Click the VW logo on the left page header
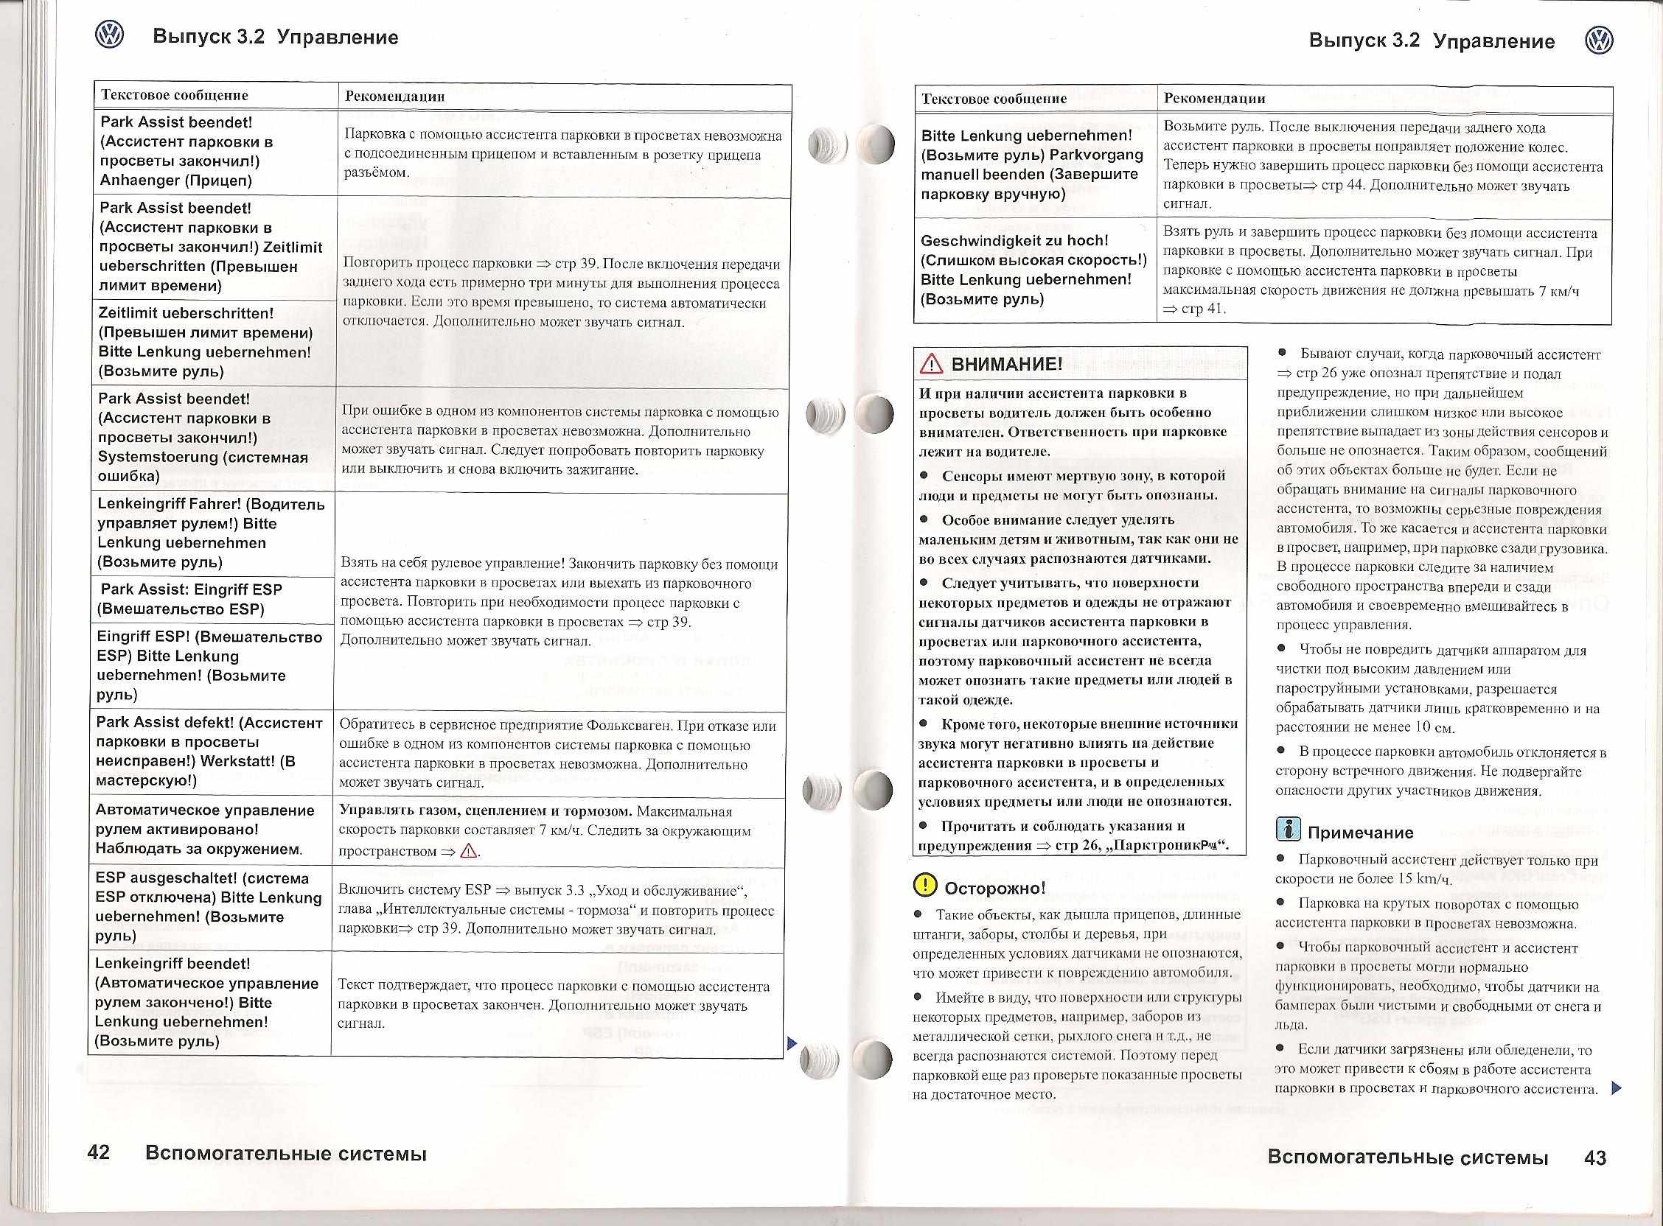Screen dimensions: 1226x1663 (109, 35)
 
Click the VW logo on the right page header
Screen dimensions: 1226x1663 (1598, 40)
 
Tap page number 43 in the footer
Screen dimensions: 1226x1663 (1594, 1157)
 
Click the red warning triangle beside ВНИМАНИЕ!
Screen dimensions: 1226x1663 (930, 365)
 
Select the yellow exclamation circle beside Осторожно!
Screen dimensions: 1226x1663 (926, 886)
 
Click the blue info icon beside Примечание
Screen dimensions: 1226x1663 (1287, 829)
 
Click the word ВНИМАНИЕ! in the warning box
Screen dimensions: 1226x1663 (1007, 364)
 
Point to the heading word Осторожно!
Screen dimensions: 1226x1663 (995, 888)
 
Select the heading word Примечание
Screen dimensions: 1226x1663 (1360, 833)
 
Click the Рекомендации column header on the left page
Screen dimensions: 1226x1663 (395, 96)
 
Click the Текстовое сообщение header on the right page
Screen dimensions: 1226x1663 (994, 99)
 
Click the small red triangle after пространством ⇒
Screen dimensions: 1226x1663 (469, 851)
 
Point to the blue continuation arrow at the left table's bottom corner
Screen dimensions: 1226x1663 (791, 1043)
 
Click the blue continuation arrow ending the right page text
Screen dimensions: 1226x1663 (1618, 1089)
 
